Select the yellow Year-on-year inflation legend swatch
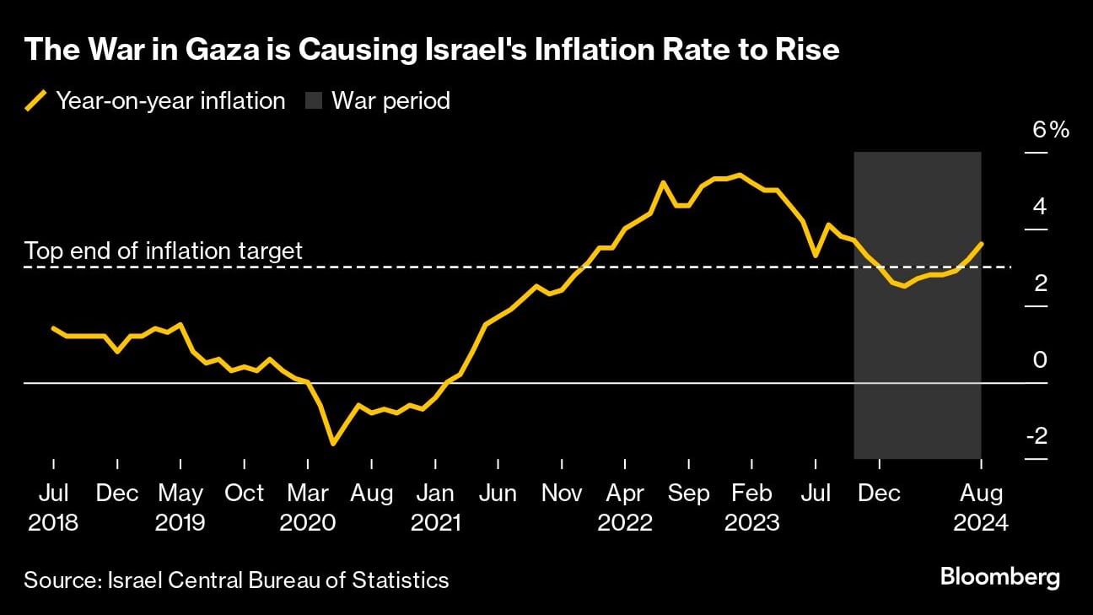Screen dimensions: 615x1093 [36, 101]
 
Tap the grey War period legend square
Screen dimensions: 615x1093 [313, 101]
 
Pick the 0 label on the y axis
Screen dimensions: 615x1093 [1041, 359]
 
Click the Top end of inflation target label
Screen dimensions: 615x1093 [163, 251]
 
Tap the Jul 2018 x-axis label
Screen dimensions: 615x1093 [52, 507]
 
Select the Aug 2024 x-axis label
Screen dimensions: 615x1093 [981, 507]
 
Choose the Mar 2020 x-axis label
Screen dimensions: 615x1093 [308, 507]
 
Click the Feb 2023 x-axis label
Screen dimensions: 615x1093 [751, 507]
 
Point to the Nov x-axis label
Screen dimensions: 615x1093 [562, 493]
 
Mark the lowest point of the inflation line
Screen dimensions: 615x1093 [333, 443]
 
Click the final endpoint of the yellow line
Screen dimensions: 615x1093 [981, 243]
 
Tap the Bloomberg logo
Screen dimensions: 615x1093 [1000, 578]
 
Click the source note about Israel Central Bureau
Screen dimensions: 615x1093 [236, 580]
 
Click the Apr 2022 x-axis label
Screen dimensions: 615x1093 [625, 507]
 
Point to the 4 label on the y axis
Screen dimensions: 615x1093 [1041, 206]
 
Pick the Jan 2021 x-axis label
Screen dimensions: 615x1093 [435, 507]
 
